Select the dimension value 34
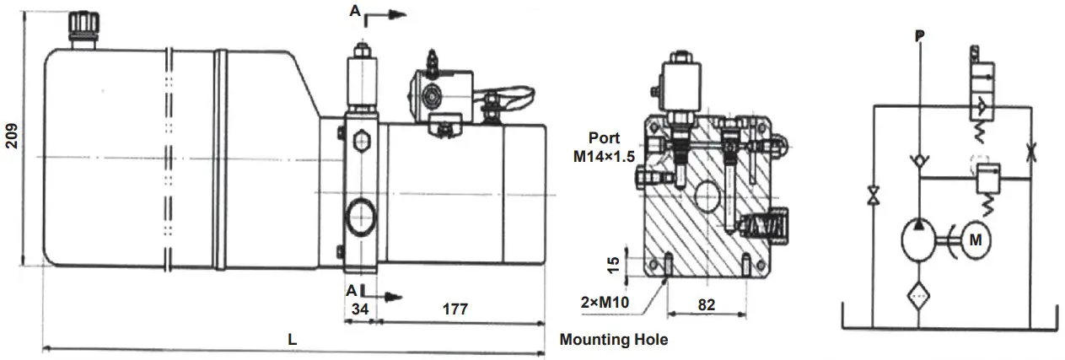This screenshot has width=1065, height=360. pos(360,309)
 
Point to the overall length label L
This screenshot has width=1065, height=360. pos(292,340)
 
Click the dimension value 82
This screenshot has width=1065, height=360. pos(707,305)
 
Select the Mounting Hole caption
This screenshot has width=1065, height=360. pos(613,341)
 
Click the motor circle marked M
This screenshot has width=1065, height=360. pos(975,240)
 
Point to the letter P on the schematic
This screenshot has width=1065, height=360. pos(919,36)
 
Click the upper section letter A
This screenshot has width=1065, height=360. pos(355,12)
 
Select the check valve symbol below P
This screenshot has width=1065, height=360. pos(919,161)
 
